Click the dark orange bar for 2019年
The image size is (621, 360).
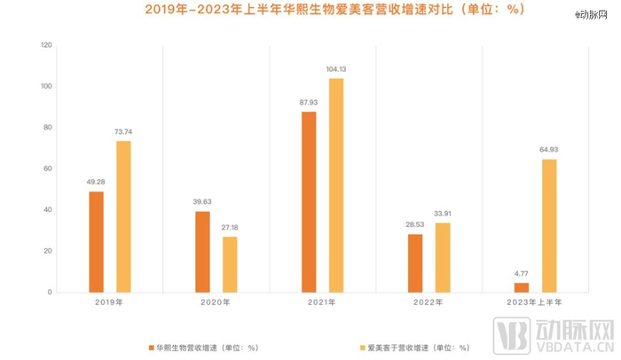[x=96, y=241]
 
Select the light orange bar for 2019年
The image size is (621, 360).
[x=123, y=216]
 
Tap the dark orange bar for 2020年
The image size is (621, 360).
[x=202, y=252]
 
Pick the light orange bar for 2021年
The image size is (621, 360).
[x=336, y=185]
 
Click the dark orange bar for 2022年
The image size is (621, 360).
[x=415, y=263]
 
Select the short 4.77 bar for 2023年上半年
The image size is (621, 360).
[x=522, y=287]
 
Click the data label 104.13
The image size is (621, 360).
[x=336, y=69]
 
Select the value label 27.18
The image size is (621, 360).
[x=230, y=228]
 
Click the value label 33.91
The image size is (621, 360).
[x=443, y=214]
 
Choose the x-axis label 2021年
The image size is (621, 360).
[x=323, y=304]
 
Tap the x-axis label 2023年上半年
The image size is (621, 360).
[x=536, y=304]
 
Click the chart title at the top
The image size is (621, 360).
[x=310, y=11]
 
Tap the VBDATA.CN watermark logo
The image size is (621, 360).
[x=559, y=338]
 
